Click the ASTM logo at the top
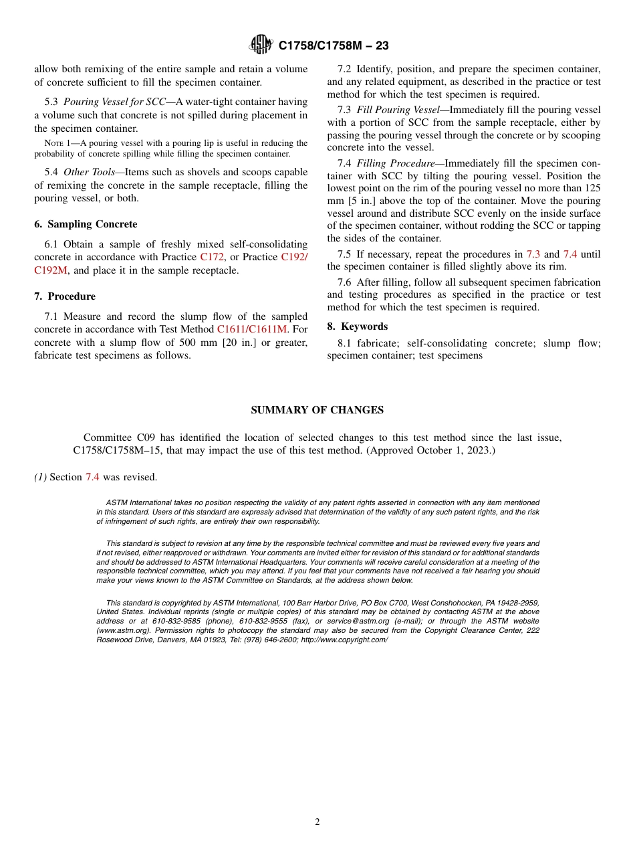tap(261, 45)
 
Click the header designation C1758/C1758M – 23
tap(333, 45)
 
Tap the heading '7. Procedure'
tap(65, 296)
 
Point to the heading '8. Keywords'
tap(358, 326)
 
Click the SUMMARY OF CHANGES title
tap(317, 410)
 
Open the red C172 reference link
tap(212, 257)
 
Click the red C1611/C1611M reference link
tap(251, 329)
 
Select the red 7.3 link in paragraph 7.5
tap(533, 254)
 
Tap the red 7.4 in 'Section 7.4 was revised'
tap(92, 477)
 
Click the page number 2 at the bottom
tap(317, 822)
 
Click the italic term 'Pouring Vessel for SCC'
tap(114, 102)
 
